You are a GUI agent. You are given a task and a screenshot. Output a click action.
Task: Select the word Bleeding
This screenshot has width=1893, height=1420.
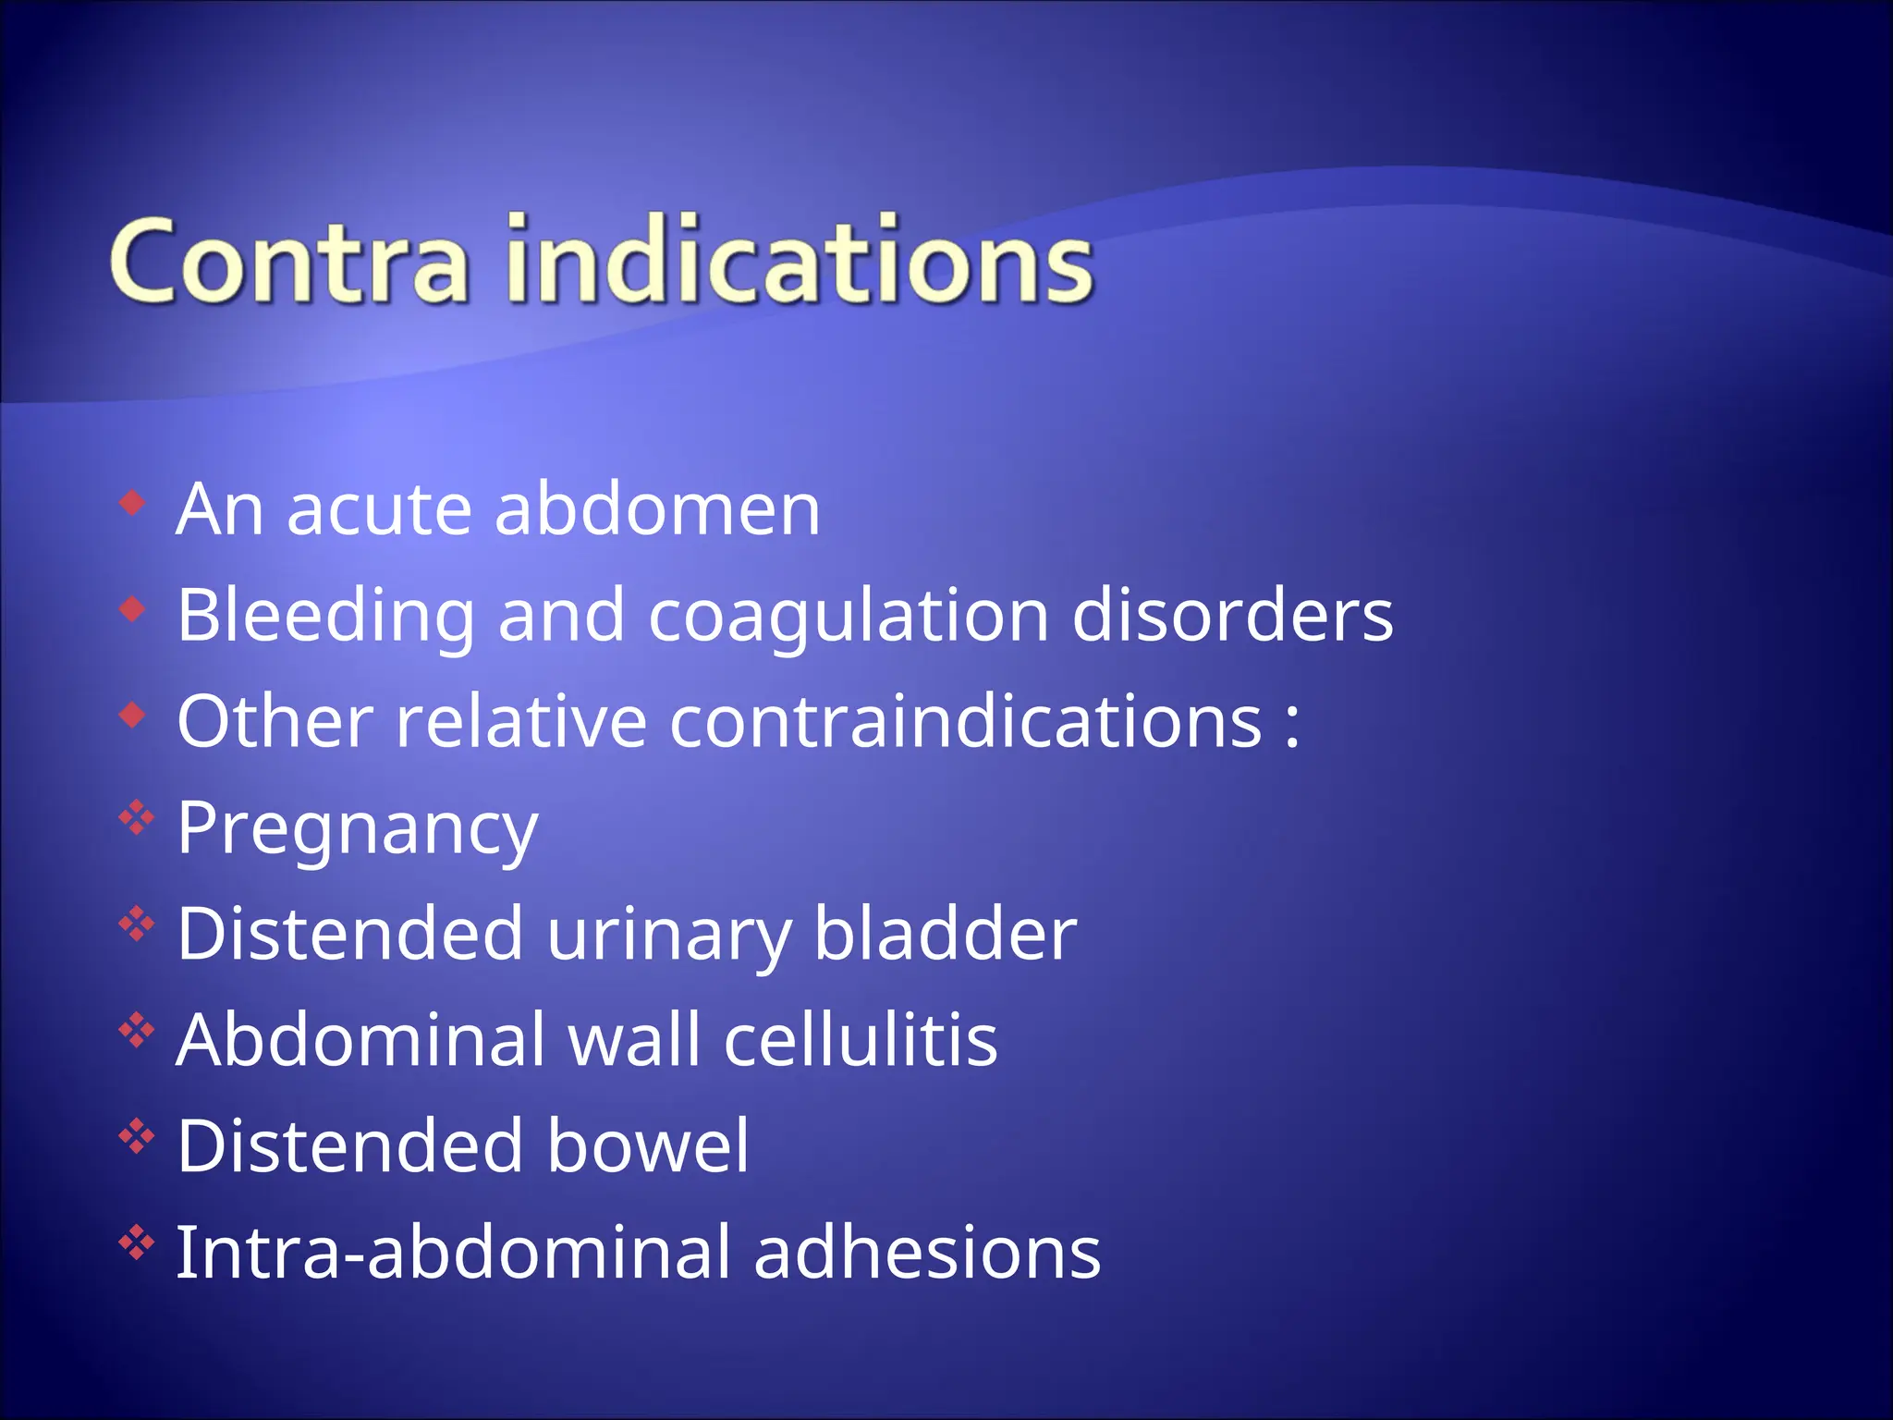[x=325, y=617]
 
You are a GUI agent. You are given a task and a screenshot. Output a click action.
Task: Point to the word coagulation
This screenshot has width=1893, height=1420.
[x=849, y=617]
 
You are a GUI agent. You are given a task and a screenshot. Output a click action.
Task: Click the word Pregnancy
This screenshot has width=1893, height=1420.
[x=357, y=829]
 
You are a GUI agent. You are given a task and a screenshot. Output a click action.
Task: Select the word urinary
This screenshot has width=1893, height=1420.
[x=668, y=935]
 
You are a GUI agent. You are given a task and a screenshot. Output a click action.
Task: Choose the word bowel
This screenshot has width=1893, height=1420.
[x=648, y=1145]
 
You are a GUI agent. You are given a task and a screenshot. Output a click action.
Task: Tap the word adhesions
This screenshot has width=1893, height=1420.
[x=927, y=1252]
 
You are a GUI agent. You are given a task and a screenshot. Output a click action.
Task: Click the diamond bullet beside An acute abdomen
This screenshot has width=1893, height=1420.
[x=133, y=504]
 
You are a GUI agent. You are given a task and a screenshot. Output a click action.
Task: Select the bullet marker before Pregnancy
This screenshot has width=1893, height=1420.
[x=136, y=818]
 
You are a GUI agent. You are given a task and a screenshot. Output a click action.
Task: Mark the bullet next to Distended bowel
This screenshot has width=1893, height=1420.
[x=136, y=1136]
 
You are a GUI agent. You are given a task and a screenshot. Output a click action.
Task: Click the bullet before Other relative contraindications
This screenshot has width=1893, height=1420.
[x=133, y=715]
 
